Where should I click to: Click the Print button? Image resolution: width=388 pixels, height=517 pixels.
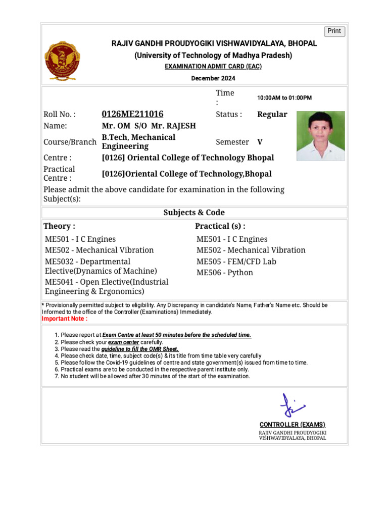pos(334,31)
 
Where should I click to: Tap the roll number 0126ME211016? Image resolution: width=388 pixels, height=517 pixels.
pos(132,114)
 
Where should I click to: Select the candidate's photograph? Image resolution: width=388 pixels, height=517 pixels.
pos(320,136)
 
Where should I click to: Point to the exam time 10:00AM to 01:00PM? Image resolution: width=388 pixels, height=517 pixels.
pos(284,98)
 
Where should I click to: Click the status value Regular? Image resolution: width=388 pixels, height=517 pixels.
pos(272,114)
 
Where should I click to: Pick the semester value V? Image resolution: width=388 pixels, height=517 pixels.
pos(260,142)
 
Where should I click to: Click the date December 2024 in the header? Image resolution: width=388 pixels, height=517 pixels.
pos(213,78)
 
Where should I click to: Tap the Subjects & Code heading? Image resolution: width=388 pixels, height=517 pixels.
pos(194,213)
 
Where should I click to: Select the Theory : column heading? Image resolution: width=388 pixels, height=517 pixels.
pos(59,226)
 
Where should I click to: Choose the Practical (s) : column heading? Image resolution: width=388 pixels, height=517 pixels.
pos(220,226)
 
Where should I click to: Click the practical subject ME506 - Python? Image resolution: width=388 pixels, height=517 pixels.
pos(225,273)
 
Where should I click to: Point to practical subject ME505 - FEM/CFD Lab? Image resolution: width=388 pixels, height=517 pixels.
pos(236,262)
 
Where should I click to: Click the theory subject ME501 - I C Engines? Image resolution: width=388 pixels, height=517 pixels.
pos(80,239)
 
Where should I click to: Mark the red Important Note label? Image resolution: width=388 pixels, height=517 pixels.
pos(64,319)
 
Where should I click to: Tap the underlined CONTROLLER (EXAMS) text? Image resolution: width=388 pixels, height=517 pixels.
pos(293,425)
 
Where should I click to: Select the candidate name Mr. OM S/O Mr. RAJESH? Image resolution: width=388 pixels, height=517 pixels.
pos(149,126)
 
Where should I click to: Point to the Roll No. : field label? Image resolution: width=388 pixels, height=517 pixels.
pos(60,115)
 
